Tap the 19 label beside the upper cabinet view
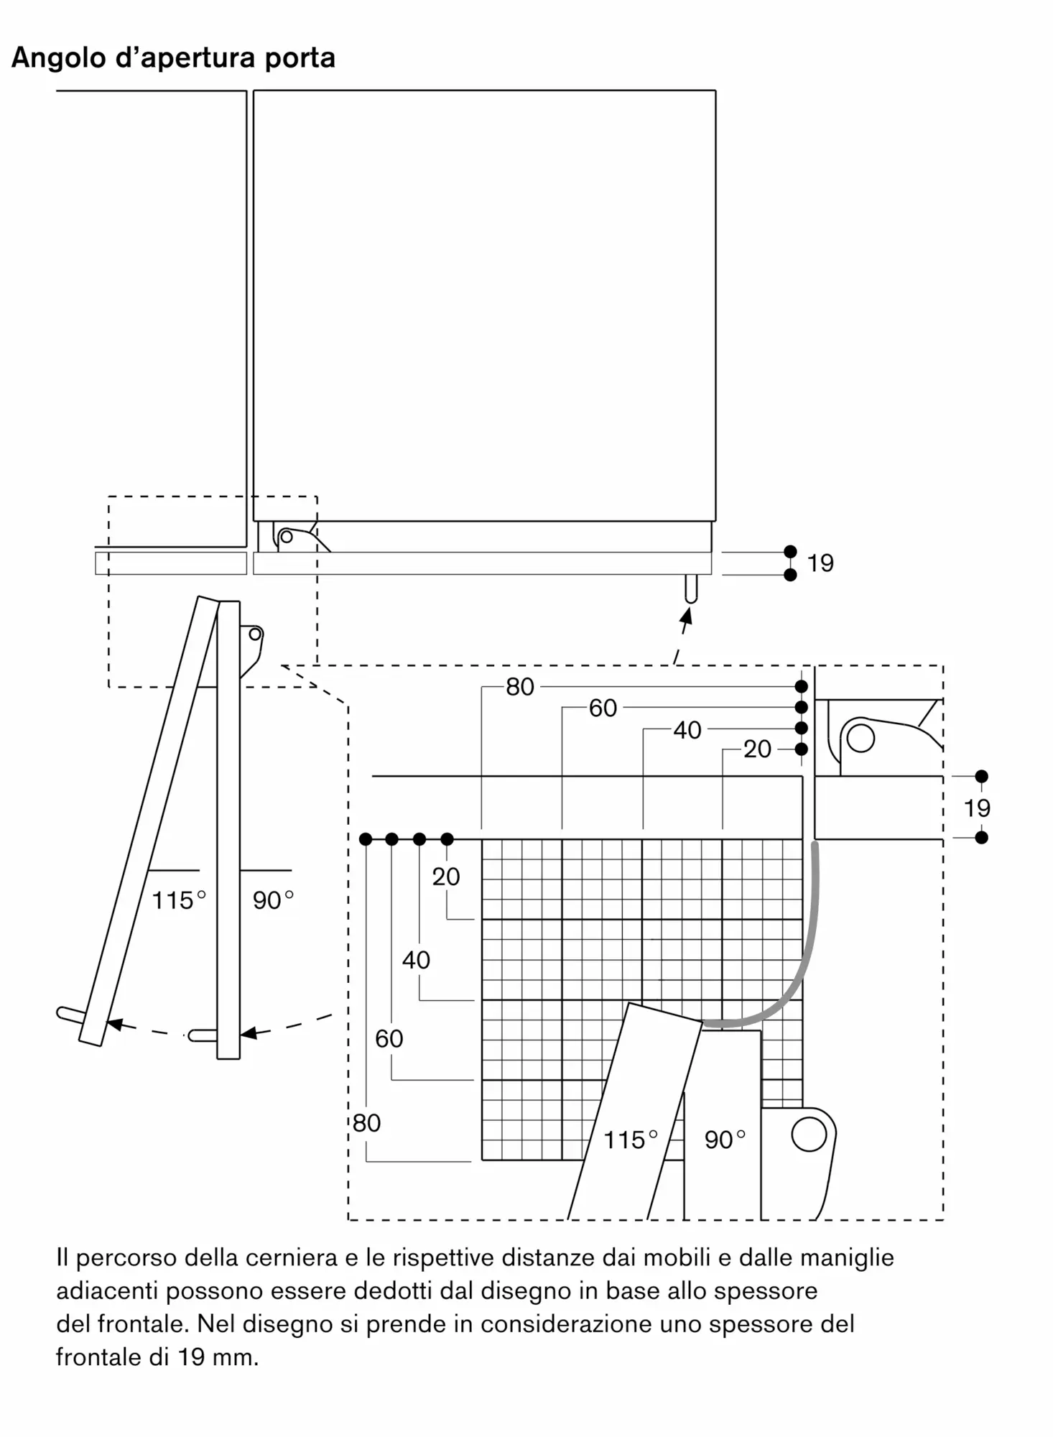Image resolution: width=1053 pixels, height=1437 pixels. pyautogui.click(x=820, y=563)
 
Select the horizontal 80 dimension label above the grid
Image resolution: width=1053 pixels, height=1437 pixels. pyautogui.click(x=520, y=687)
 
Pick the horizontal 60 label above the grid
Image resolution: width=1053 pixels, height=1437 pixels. pyautogui.click(x=603, y=708)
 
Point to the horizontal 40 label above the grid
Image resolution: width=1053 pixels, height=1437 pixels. pyautogui.click(x=687, y=730)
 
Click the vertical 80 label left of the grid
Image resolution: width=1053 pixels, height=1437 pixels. pyautogui.click(x=366, y=1123)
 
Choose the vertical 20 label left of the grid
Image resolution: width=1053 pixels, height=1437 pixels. pyautogui.click(x=446, y=877)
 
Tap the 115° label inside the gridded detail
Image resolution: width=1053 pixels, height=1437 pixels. pyautogui.click(x=631, y=1140)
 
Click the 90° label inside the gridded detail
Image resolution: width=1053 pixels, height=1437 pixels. pyautogui.click(x=725, y=1140)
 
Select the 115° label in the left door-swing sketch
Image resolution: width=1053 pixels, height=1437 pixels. pyautogui.click(x=179, y=900)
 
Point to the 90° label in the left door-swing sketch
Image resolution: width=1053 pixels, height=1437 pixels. pyautogui.click(x=273, y=900)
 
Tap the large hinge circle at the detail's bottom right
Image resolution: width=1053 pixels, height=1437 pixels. pyautogui.click(x=809, y=1135)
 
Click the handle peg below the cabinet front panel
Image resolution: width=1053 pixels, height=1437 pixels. pyautogui.click(x=691, y=588)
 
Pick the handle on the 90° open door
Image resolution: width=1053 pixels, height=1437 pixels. pyautogui.click(x=203, y=1036)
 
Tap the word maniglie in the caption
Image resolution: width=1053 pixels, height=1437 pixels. pyautogui.click(x=847, y=1259)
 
